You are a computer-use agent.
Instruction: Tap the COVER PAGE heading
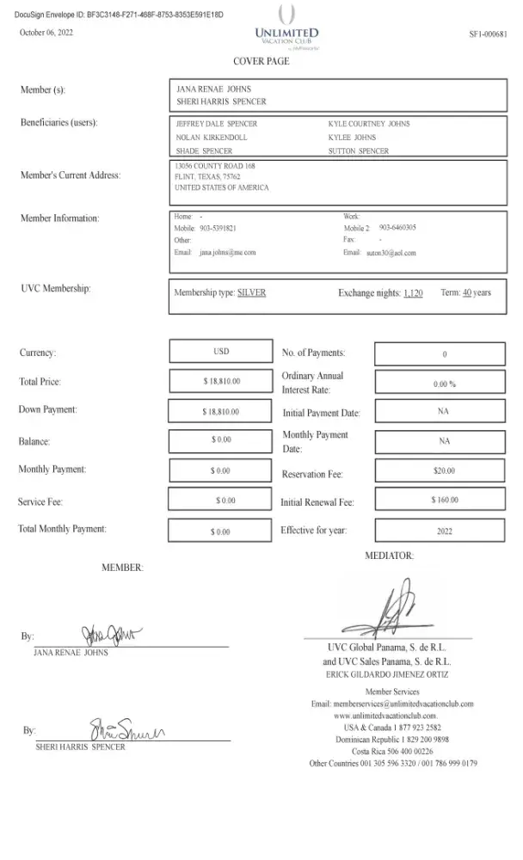(x=261, y=62)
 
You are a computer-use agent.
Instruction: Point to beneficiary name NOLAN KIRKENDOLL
(x=211, y=137)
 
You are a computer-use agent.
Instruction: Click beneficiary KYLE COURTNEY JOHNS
(x=369, y=124)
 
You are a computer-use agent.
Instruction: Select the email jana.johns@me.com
(x=227, y=253)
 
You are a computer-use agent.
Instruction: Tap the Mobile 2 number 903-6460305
(x=397, y=228)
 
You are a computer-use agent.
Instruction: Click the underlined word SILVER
(x=251, y=292)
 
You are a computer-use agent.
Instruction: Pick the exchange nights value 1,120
(x=413, y=293)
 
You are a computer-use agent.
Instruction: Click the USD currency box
(x=221, y=352)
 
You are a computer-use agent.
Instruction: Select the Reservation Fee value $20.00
(x=444, y=471)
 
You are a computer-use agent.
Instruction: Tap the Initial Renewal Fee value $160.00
(x=444, y=500)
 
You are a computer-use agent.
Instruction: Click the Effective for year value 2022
(x=444, y=531)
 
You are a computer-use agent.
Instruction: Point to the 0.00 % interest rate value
(x=444, y=384)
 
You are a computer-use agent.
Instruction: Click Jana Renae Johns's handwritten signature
(x=112, y=636)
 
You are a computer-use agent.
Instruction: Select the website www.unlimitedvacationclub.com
(x=385, y=716)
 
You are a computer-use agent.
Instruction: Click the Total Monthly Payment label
(x=63, y=529)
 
